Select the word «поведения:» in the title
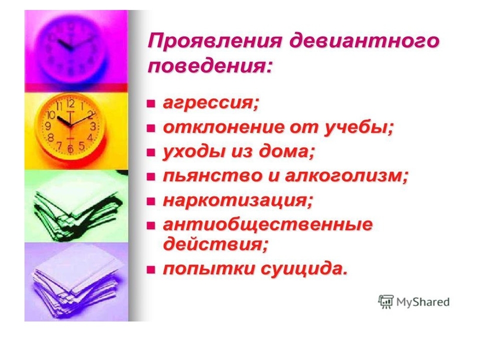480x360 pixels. point(210,66)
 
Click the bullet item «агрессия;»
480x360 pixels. point(211,103)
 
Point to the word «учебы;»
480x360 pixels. point(359,127)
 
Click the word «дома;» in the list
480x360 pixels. point(287,152)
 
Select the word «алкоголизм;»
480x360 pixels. point(347,176)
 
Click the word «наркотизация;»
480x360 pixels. point(238,201)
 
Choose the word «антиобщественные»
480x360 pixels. point(268,225)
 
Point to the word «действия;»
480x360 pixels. point(215,244)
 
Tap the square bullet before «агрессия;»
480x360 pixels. point(151,103)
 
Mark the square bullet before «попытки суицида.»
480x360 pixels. point(151,270)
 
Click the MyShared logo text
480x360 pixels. point(423,302)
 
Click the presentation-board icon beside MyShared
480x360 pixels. point(386,301)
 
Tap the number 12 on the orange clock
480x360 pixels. point(71,103)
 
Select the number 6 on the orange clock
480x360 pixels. point(71,149)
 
